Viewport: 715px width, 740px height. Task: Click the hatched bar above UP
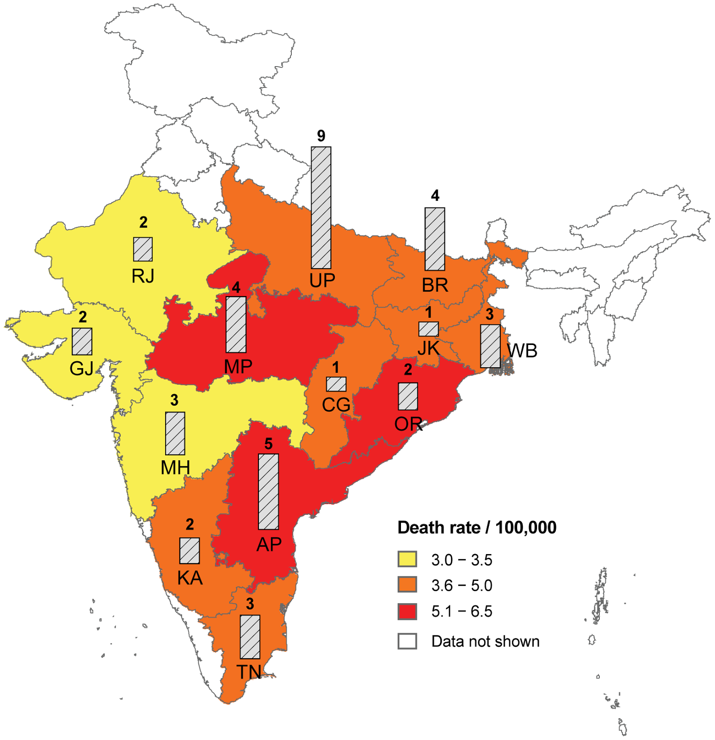[321, 207]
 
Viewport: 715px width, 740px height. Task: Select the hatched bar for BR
[435, 239]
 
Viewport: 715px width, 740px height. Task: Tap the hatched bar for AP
[268, 491]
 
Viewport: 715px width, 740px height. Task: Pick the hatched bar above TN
[250, 636]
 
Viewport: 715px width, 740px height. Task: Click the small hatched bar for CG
[336, 384]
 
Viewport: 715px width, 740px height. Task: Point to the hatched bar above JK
[429, 329]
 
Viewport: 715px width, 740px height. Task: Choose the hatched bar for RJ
[143, 249]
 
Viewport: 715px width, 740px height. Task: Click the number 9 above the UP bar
[321, 136]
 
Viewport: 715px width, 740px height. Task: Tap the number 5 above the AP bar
[268, 444]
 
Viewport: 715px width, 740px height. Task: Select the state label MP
[238, 367]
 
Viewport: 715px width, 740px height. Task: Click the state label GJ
[82, 369]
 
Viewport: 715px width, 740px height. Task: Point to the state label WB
[523, 351]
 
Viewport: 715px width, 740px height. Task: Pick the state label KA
[190, 578]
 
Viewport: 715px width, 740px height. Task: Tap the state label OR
[408, 424]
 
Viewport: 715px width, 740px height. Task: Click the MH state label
[175, 468]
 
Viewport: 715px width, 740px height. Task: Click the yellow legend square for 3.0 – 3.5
[407, 559]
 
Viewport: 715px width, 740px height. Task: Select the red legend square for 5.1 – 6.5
[407, 611]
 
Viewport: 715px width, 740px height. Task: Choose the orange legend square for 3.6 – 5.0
[407, 585]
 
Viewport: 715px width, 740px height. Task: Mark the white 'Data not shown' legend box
[407, 641]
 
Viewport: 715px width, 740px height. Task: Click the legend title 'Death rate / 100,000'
[477, 528]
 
